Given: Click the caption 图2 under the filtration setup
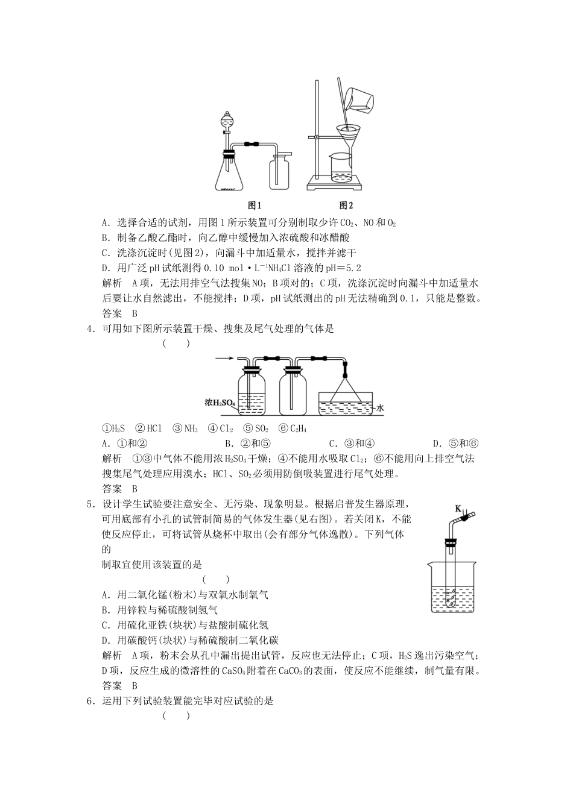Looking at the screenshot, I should pos(346,205).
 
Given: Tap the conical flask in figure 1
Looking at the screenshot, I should pos(230,174).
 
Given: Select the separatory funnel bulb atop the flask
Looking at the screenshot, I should pos(226,122).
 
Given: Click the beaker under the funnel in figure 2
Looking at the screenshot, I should pos(342,168).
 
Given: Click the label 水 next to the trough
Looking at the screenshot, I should pos(381,409).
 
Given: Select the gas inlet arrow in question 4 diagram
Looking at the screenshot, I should pos(224,359).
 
